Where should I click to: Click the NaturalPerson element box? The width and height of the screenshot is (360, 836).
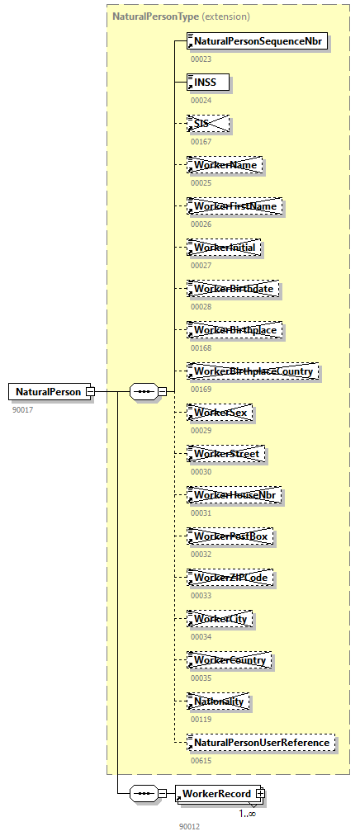point(48,391)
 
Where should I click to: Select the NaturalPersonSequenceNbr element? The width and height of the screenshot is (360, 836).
point(258,40)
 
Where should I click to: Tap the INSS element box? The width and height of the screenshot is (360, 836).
point(207,82)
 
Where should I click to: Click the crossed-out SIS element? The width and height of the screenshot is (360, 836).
point(207,124)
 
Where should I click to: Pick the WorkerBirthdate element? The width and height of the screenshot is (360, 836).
point(232,289)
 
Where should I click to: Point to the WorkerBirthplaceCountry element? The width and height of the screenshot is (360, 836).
point(252,371)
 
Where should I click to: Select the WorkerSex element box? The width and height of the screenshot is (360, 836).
point(220,413)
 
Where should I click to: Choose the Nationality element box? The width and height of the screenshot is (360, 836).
point(219,701)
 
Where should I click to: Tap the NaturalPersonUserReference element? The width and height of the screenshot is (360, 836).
point(261,743)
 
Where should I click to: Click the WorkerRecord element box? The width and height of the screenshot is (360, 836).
point(216,793)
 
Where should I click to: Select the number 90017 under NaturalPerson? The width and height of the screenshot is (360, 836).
point(22,409)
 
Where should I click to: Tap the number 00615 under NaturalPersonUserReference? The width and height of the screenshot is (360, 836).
point(201,761)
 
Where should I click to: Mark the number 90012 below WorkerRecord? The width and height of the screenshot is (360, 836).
point(189,826)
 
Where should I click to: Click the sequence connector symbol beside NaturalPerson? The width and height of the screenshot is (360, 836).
point(144,391)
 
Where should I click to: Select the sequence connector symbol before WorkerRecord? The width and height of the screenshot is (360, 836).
point(144,793)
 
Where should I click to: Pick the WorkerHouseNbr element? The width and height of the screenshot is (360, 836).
point(234,495)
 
